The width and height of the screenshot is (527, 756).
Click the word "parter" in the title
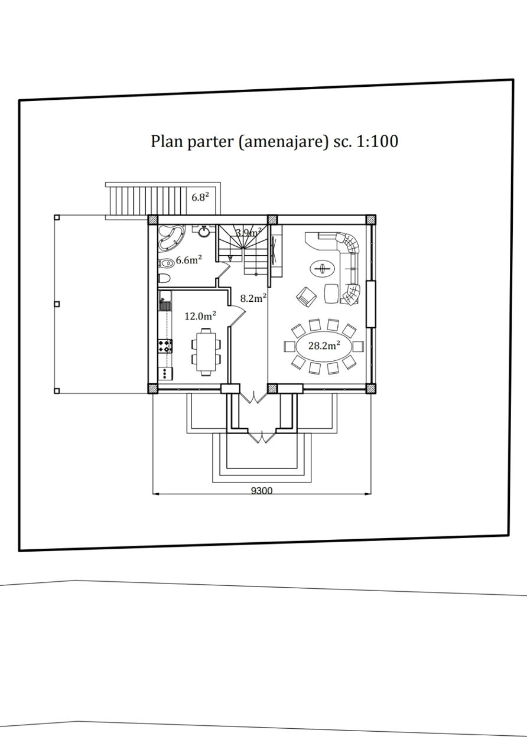pyautogui.click(x=210, y=141)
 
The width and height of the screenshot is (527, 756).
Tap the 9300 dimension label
pyautogui.click(x=262, y=490)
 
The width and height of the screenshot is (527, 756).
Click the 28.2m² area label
pyautogui.click(x=324, y=346)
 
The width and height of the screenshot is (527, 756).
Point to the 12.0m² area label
pyautogui.click(x=200, y=316)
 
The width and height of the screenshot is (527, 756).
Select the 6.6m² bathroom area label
pyautogui.click(x=188, y=260)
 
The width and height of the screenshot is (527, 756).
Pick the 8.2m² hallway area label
pyautogui.click(x=253, y=298)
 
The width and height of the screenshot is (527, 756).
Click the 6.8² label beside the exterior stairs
pyautogui.click(x=200, y=197)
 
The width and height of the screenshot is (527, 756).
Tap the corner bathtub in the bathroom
pyautogui.click(x=171, y=238)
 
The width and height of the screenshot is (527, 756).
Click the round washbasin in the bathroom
pyautogui.click(x=204, y=232)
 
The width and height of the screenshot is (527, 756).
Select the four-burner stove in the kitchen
pyautogui.click(x=165, y=346)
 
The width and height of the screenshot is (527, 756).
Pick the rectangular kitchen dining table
pyautogui.click(x=206, y=352)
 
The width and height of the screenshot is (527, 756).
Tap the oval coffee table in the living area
pyautogui.click(x=323, y=269)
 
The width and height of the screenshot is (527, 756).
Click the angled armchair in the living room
pyautogui.click(x=306, y=297)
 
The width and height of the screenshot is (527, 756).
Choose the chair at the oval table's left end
pyautogui.click(x=289, y=346)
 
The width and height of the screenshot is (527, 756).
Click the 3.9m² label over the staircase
pyautogui.click(x=249, y=233)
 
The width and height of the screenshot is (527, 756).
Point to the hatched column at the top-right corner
pyautogui.click(x=371, y=219)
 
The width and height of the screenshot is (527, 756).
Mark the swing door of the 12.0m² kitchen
pyautogui.click(x=237, y=315)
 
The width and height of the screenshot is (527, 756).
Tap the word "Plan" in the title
pyautogui.click(x=167, y=141)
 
